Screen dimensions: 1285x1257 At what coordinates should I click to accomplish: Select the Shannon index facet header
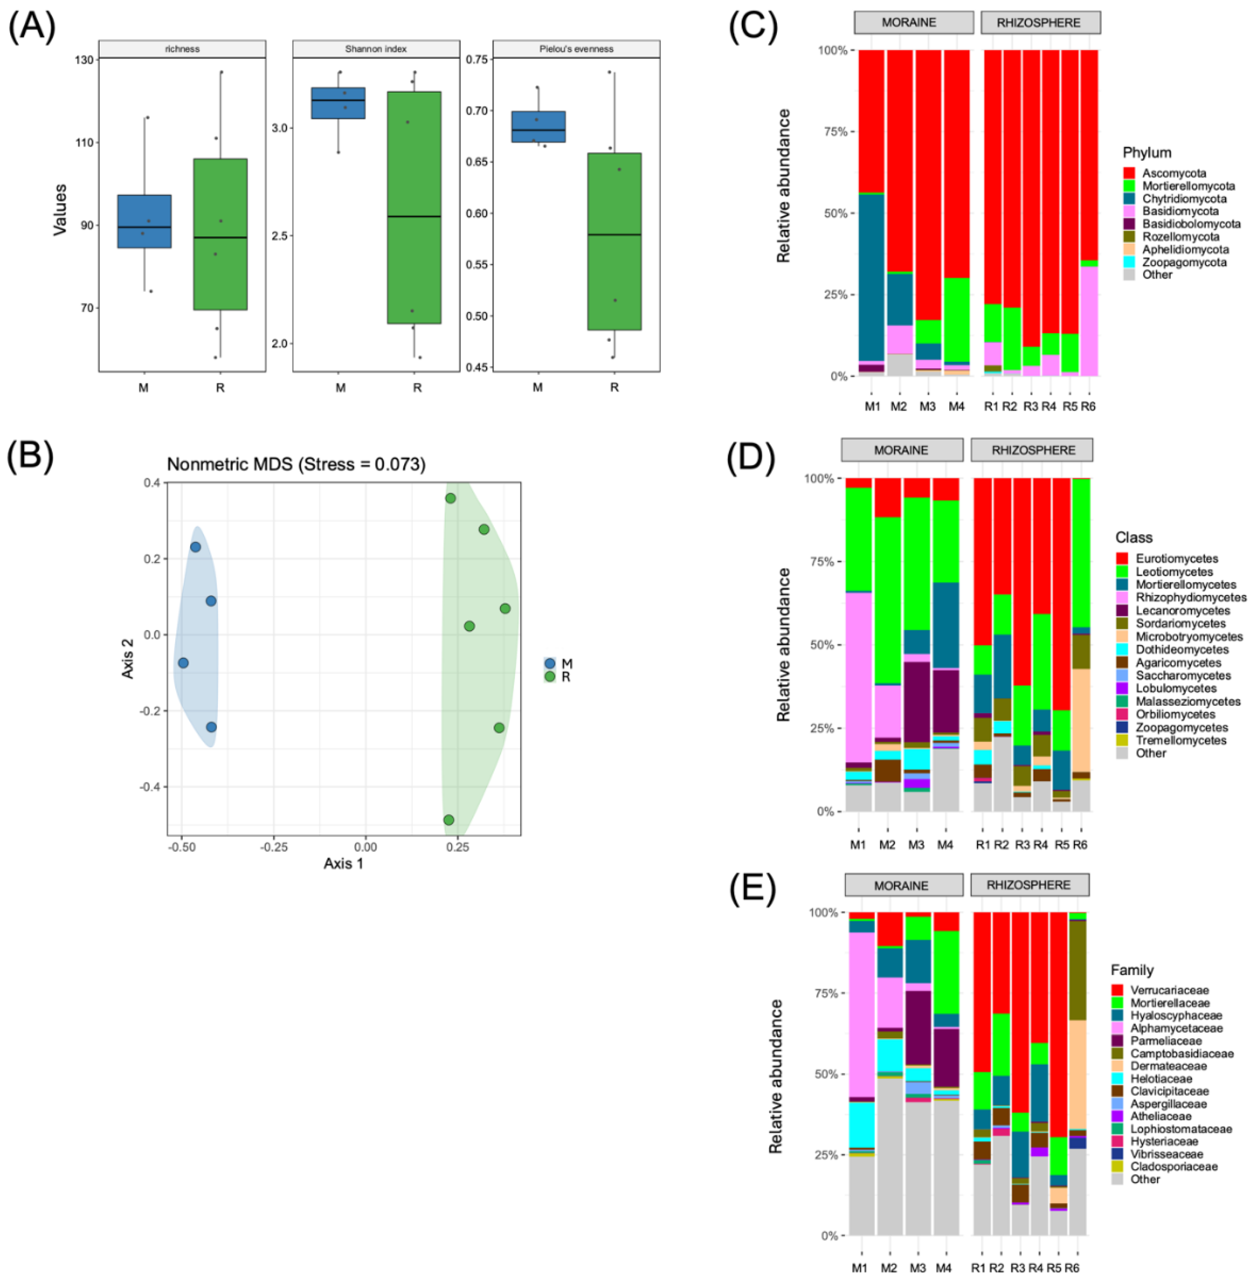pyautogui.click(x=376, y=49)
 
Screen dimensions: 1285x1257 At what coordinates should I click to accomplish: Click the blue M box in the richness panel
pyautogui.click(x=144, y=221)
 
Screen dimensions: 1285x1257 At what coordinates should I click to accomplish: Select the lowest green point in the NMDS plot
pyautogui.click(x=448, y=820)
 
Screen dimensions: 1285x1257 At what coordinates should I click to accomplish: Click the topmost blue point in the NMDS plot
pyautogui.click(x=195, y=547)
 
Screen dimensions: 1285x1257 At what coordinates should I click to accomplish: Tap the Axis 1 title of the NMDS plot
pyautogui.click(x=343, y=863)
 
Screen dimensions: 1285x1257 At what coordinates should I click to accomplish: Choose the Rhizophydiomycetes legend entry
pyautogui.click(x=1190, y=597)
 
